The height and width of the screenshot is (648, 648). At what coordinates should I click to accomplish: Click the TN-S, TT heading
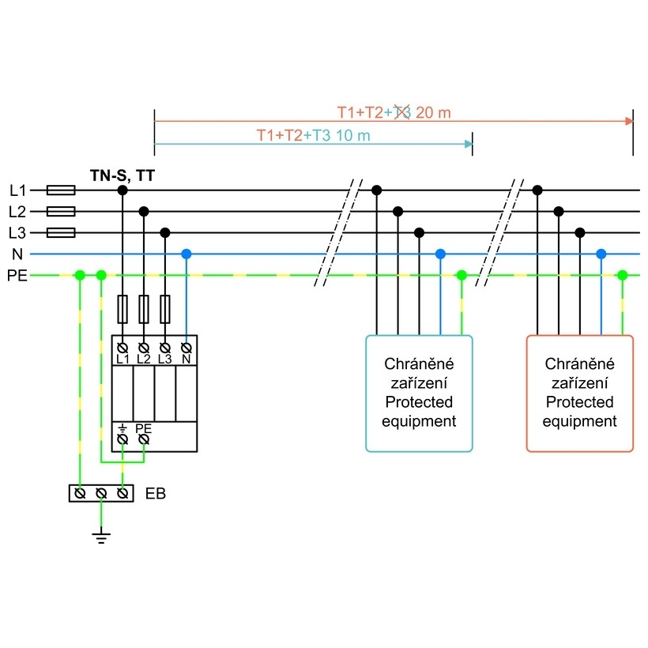pos(122,175)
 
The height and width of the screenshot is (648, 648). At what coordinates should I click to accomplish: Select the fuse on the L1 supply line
pos(61,190)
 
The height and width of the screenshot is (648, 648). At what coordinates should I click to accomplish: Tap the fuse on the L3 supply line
pos(61,232)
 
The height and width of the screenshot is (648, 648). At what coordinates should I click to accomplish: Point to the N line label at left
pos(17,254)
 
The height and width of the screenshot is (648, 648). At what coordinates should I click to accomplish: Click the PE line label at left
pos(17,276)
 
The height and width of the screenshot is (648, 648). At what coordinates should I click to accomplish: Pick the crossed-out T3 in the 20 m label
pos(402,112)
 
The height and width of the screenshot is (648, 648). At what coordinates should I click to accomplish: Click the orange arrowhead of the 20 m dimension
pos(629,121)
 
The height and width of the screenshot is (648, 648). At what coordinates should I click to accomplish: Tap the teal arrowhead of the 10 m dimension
pos(469,144)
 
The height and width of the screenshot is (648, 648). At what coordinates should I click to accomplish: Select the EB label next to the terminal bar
pos(156,493)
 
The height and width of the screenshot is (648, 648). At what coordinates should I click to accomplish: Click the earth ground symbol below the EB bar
pos(101,537)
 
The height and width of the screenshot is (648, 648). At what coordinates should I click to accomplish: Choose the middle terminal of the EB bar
pos(101,493)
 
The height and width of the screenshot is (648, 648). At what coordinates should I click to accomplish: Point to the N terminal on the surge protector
pos(186,348)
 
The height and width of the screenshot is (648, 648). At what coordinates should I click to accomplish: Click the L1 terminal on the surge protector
pos(122,348)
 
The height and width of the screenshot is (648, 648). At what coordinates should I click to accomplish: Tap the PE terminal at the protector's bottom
pos(144,439)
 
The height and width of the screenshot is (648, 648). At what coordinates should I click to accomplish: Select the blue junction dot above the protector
pos(186,254)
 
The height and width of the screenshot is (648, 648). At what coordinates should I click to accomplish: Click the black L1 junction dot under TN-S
pos(122,190)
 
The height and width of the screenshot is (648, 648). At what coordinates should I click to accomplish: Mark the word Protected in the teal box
pos(419,402)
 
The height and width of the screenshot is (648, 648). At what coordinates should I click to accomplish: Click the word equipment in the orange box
pos(579,421)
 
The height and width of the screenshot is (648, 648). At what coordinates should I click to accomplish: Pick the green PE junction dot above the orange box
pos(623,275)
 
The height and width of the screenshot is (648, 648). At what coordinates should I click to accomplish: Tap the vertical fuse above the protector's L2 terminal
pos(144,309)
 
